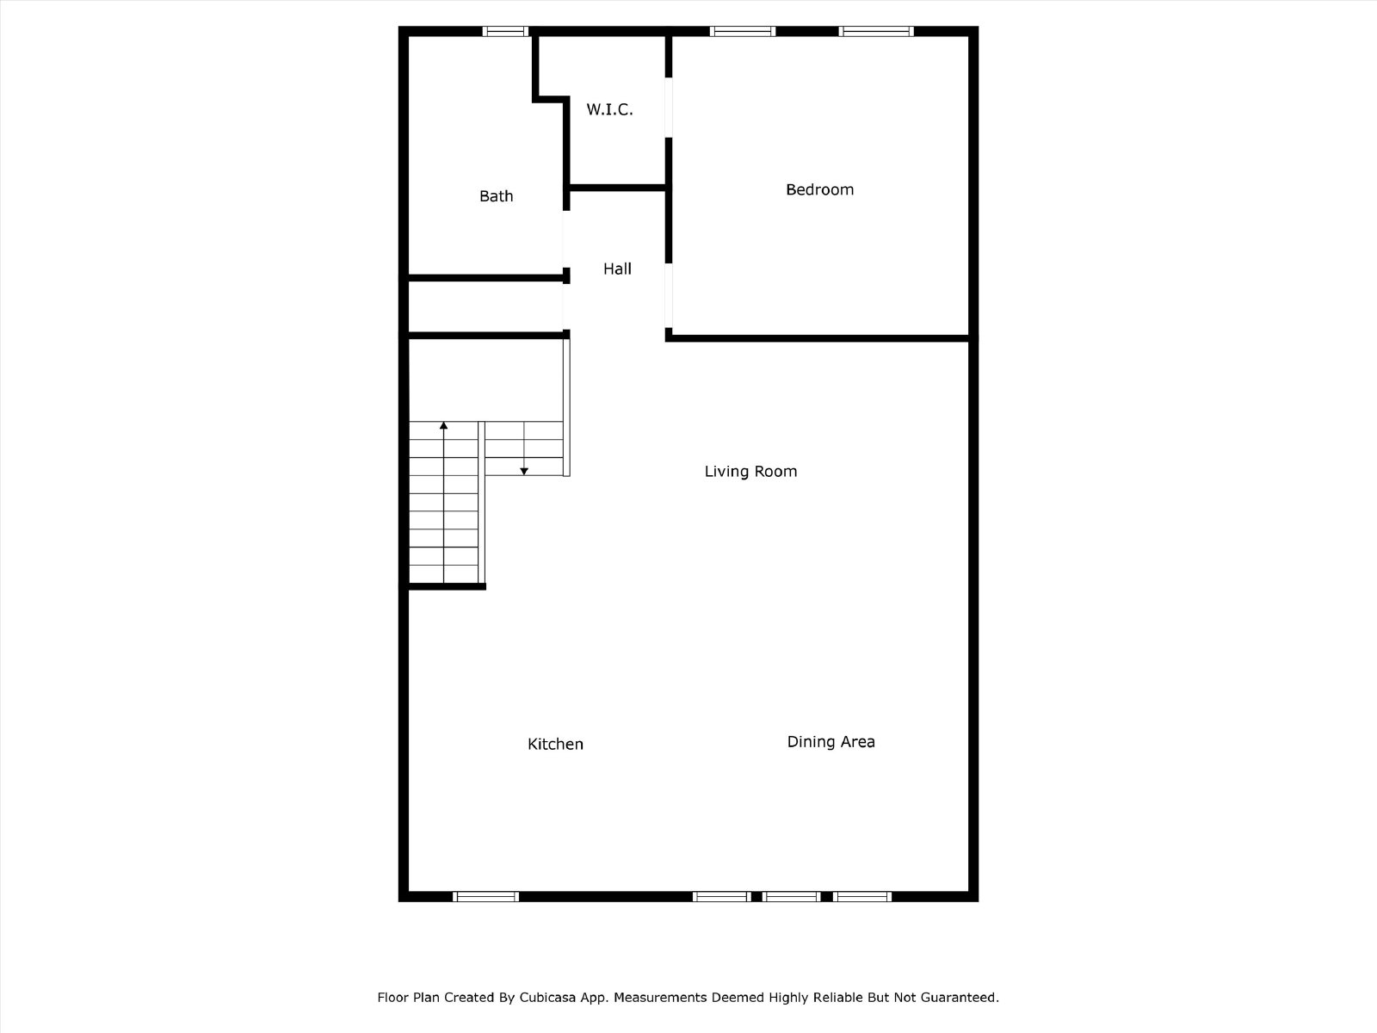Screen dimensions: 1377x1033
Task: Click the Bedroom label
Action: [819, 189]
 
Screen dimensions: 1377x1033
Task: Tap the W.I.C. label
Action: [609, 110]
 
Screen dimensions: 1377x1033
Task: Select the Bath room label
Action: [496, 196]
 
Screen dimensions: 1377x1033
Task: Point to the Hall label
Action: [617, 269]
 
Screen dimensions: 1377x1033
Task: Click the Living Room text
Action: [750, 471]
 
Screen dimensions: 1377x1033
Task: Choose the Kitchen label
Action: [555, 744]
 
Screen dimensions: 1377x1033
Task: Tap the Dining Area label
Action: [831, 741]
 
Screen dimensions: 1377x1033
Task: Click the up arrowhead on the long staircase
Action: [443, 426]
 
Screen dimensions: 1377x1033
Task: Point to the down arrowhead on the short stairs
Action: [524, 471]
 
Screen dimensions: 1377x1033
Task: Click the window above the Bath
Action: [505, 31]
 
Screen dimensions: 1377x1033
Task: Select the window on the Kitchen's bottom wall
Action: [485, 896]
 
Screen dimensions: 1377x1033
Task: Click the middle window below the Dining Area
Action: [791, 896]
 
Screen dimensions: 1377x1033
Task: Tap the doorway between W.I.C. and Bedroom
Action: [669, 108]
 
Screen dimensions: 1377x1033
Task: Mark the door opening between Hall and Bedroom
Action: [669, 295]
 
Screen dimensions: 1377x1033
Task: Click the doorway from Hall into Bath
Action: [565, 239]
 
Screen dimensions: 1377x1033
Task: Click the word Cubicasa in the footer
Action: [547, 997]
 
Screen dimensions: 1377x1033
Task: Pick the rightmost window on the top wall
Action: [876, 31]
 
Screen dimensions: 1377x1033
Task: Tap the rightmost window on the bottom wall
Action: [862, 896]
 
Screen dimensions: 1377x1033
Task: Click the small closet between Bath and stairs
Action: [485, 306]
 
